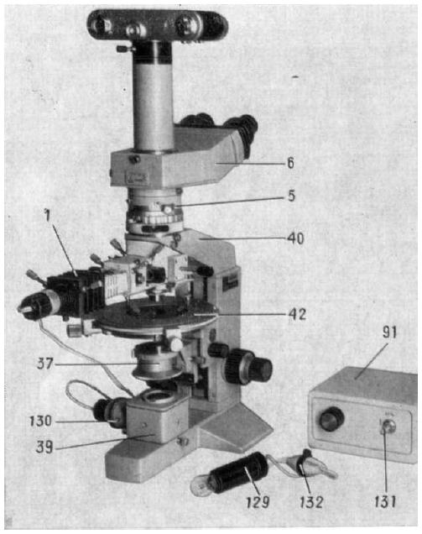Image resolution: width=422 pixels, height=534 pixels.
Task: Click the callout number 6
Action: pyautogui.click(x=290, y=163)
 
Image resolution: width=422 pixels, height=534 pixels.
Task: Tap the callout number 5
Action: pyautogui.click(x=291, y=196)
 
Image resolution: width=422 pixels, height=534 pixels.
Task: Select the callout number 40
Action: pyautogui.click(x=295, y=238)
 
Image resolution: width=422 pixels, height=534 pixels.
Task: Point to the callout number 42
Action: pyautogui.click(x=297, y=314)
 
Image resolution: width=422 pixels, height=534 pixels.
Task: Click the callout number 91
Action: pyautogui.click(x=389, y=332)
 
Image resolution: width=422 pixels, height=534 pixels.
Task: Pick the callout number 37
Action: pyautogui.click(x=45, y=364)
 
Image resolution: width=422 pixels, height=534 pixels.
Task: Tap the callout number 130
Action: pyautogui.click(x=40, y=421)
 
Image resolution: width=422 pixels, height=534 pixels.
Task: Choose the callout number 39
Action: pyautogui.click(x=44, y=447)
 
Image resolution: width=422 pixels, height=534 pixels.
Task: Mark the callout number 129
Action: pyautogui.click(x=258, y=501)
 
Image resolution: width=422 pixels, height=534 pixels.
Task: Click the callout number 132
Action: pyautogui.click(x=311, y=501)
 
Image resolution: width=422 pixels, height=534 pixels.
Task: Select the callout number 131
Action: pyautogui.click(x=385, y=501)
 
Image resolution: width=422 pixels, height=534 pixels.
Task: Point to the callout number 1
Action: pyautogui.click(x=47, y=216)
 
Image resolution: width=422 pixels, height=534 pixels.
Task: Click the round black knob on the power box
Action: pyautogui.click(x=331, y=418)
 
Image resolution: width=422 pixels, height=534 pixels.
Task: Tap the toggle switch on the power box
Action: pyautogui.click(x=388, y=427)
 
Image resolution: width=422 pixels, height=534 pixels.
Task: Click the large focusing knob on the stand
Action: pyautogui.click(x=248, y=367)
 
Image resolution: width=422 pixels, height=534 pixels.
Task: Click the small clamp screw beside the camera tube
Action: pyautogui.click(x=124, y=49)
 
